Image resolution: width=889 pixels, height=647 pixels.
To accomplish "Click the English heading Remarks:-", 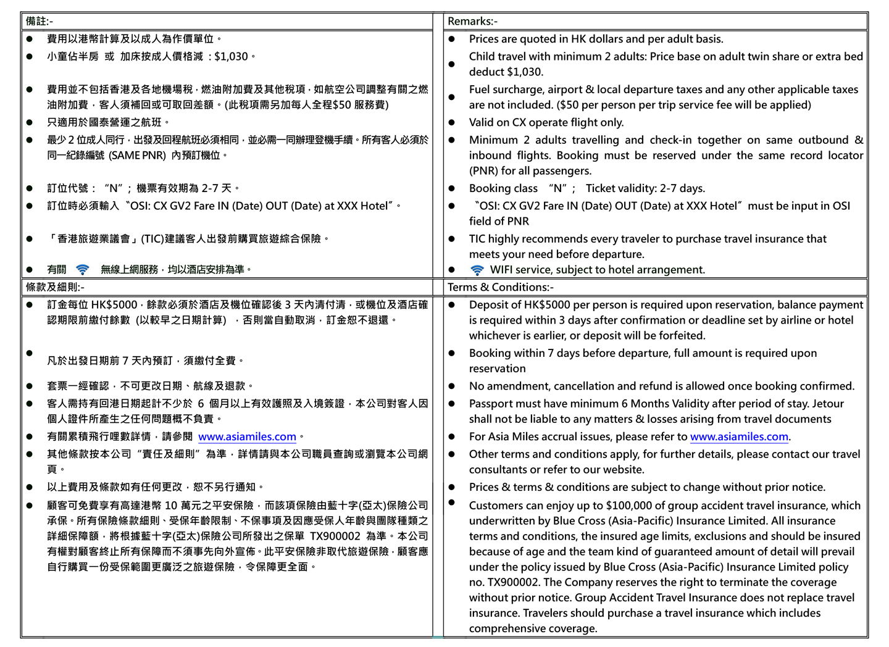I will tap(472, 22).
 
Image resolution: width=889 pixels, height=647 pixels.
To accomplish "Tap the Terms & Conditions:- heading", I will tap(501, 287).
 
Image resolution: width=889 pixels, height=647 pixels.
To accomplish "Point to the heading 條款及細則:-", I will tap(55, 287).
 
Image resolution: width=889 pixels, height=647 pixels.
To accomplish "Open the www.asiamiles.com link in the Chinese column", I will tap(247, 437).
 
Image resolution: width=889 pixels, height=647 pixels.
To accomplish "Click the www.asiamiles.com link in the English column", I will tap(739, 437).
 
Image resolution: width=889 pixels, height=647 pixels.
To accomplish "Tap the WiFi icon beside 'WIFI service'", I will tap(477, 270).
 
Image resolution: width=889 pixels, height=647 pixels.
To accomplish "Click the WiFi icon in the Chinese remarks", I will tap(82, 270).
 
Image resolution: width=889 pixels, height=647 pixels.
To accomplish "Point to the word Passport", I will tap(493, 404).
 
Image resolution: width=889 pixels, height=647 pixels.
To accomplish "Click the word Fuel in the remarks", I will tap(480, 90).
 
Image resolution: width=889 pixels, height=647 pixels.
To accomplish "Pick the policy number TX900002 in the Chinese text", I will tap(335, 536).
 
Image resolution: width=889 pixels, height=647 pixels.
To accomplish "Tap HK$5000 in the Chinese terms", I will tap(114, 305).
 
